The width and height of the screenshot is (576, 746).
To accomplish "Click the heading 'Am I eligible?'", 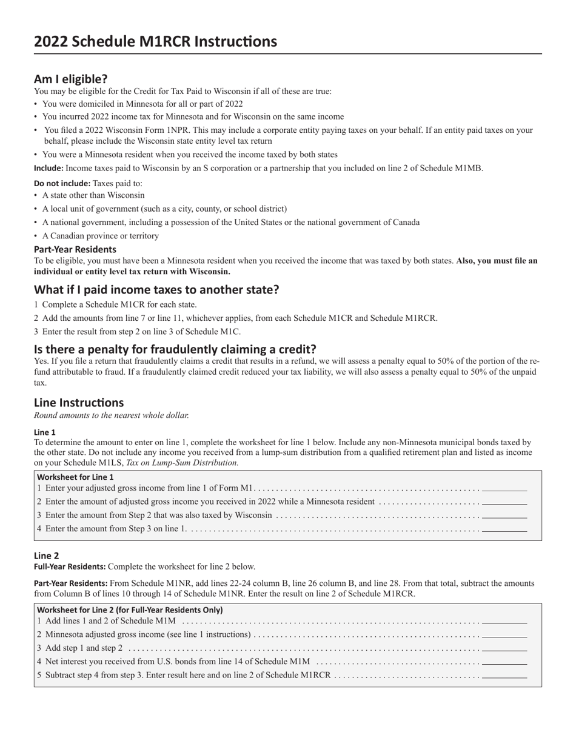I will (x=70, y=79).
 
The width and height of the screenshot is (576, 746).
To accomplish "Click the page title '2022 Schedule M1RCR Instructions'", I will (x=155, y=41).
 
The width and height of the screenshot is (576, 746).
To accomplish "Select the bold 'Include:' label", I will (x=49, y=168).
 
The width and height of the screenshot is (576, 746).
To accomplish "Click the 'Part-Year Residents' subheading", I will (x=75, y=249).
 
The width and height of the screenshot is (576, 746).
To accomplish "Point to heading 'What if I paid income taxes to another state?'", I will (x=156, y=289).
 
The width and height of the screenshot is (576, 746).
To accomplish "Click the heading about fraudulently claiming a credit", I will (x=175, y=349).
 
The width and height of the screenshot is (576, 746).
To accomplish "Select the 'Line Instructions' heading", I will (x=79, y=402).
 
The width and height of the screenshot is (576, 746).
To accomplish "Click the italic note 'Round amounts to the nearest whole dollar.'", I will (x=112, y=415).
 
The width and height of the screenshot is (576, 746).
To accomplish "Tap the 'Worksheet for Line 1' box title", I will (x=75, y=477).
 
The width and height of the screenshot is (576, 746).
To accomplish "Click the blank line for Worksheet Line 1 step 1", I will (x=504, y=489).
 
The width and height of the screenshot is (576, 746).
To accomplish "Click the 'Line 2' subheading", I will (x=46, y=556).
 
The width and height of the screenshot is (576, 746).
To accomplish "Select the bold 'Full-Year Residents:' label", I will (x=70, y=566).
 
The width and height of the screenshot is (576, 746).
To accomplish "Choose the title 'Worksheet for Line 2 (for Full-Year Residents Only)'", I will (x=130, y=610).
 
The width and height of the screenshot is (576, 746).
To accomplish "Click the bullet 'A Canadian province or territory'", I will (x=101, y=236).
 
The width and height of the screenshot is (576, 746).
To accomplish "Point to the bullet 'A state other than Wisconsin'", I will (x=93, y=195).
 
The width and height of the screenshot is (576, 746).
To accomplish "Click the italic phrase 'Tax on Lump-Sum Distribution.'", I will (x=182, y=462).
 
